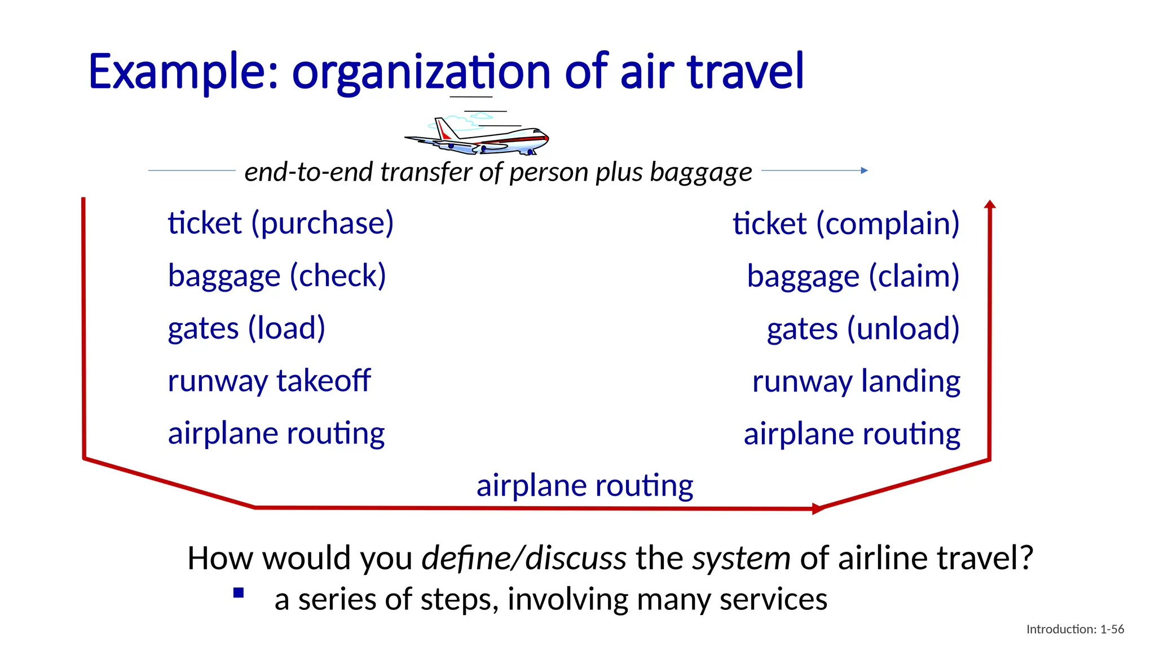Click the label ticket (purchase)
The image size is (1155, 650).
[x=280, y=223]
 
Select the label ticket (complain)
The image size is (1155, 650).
[x=846, y=224]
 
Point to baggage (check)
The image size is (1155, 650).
[x=277, y=276]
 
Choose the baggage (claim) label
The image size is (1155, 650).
[x=853, y=276]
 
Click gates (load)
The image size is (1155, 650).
[x=246, y=328]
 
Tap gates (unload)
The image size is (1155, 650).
[x=863, y=329]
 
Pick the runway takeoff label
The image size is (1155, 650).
[x=269, y=381]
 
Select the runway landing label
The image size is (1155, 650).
[x=856, y=381]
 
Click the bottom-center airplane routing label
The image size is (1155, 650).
[x=585, y=486]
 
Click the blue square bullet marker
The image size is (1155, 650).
[x=239, y=593]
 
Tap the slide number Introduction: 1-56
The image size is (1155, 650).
[x=1075, y=629]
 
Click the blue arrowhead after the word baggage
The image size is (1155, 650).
[x=865, y=170]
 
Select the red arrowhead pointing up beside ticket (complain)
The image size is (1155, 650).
[x=990, y=205]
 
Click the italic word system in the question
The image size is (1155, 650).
[x=741, y=559]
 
